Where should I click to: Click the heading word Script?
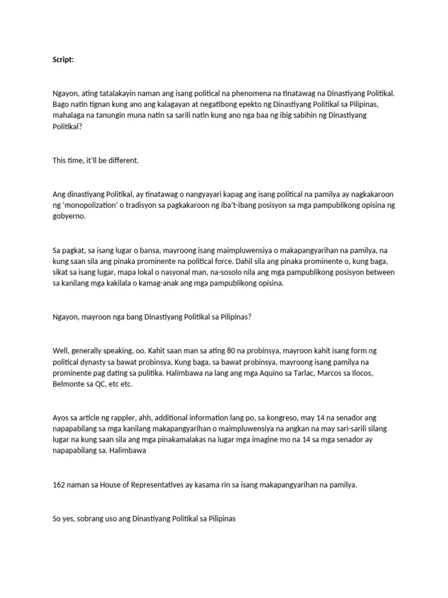point(63,60)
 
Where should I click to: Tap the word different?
point(123,160)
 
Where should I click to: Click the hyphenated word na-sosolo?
point(209,272)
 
